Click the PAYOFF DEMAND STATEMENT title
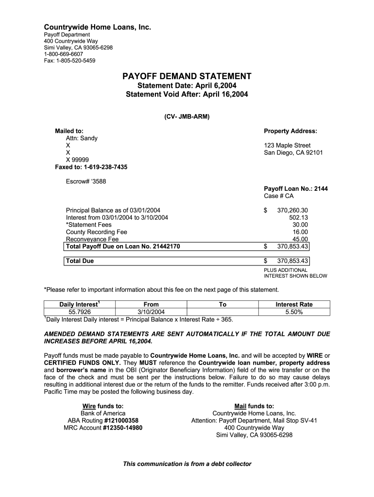pos(187,76)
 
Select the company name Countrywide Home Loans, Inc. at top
pos(98,27)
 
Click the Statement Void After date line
pos(187,95)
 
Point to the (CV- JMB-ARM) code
pos(187,117)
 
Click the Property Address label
pos(290,131)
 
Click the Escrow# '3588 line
pos(85,182)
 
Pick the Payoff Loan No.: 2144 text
pos(295,189)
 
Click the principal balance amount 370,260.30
pos(292,210)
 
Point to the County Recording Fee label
pos(96,232)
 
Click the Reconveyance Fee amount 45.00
pos(300,239)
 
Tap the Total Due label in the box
pos(80,261)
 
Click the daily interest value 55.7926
pos(80,312)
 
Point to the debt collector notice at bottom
pos(187,464)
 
